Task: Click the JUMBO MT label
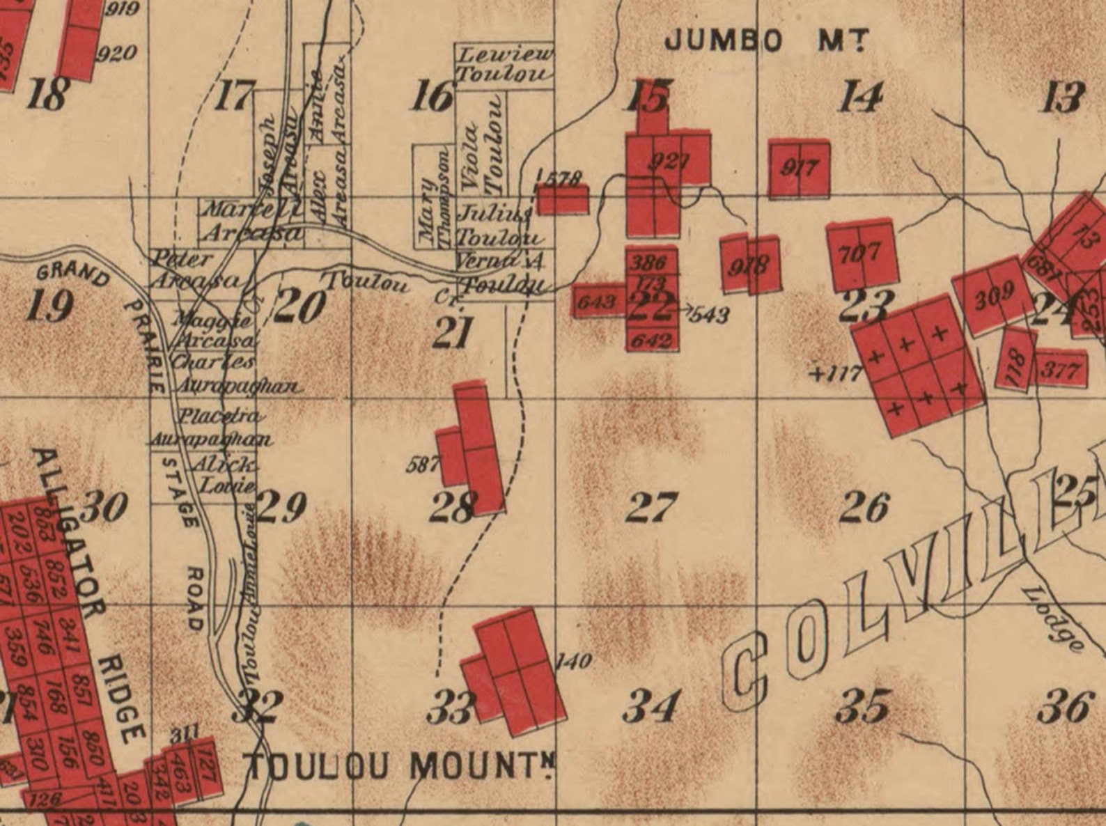pos(765,40)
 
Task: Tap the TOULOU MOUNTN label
pos(402,767)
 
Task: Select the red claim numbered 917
pos(799,168)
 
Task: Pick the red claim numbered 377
pos(1060,370)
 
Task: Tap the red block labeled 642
pos(652,341)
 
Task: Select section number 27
pos(651,508)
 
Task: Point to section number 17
pos(234,96)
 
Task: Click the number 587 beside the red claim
pos(422,464)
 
